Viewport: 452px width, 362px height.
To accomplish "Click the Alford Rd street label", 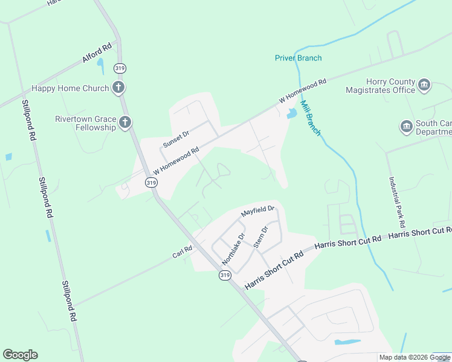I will [97, 52].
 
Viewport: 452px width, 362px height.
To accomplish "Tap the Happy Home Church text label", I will [70, 88].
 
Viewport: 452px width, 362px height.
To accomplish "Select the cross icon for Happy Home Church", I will [118, 87].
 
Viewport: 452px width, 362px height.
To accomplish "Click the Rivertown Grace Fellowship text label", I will [85, 123].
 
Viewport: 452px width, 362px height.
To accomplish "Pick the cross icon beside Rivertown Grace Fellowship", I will [125, 123].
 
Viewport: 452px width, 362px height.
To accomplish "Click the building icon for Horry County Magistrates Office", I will [424, 85].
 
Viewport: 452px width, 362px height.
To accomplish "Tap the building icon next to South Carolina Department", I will [406, 127].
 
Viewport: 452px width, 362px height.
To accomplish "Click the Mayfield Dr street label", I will [258, 212].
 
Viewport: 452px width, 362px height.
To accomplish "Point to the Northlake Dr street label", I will [233, 249].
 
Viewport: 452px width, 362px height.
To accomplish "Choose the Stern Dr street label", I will [260, 237].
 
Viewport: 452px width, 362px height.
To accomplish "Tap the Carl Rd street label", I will [182, 252].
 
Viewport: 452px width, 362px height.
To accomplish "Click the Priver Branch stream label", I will [298, 58].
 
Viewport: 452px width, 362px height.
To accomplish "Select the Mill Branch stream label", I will [310, 118].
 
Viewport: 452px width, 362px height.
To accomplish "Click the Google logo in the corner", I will [20, 355].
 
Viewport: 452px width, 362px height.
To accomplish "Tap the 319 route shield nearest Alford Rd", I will [120, 68].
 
